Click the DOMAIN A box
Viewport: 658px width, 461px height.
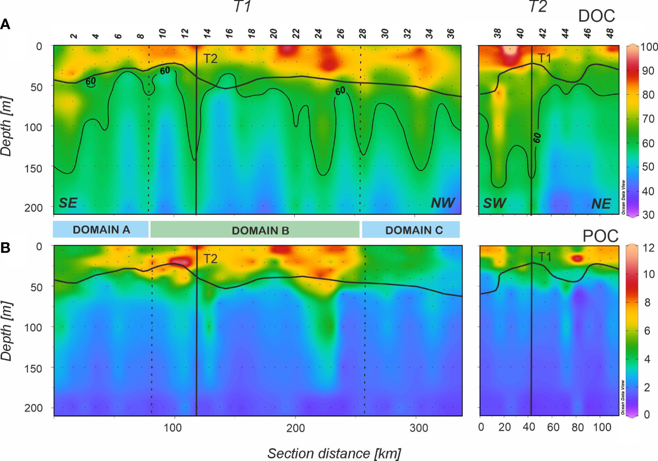click(x=101, y=229)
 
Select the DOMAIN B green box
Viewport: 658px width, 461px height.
click(x=255, y=229)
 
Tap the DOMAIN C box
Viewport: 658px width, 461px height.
click(x=410, y=229)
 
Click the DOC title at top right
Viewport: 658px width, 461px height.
click(x=596, y=16)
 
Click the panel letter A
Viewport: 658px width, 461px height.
click(x=6, y=24)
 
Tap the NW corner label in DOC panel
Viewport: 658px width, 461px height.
click(x=443, y=203)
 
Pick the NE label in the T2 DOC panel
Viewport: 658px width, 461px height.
click(x=600, y=203)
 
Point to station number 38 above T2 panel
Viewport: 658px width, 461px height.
click(x=497, y=34)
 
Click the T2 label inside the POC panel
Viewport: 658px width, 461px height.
click(x=210, y=259)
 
